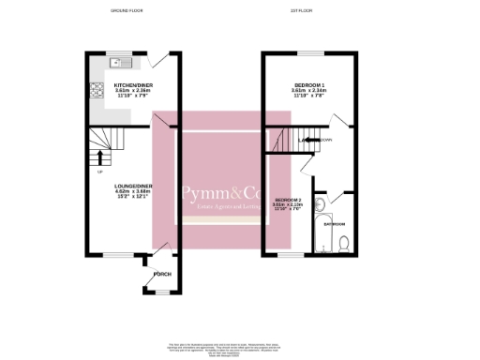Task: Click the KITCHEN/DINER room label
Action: [133, 85]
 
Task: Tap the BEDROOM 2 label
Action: [288, 201]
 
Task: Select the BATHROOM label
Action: [335, 224]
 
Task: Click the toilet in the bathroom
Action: [344, 245]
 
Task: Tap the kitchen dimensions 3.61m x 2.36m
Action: [133, 92]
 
